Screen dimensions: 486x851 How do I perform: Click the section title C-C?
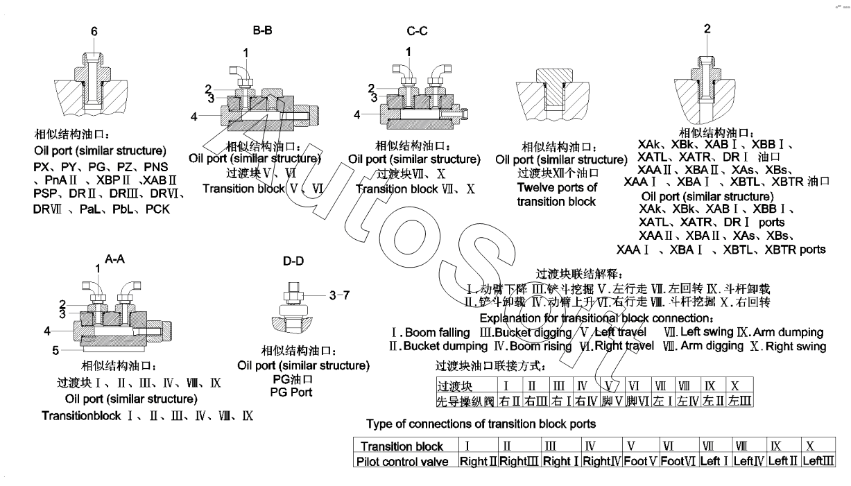click(418, 32)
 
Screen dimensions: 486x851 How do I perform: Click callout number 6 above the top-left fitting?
click(94, 31)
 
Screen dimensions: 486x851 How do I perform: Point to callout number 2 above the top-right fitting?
click(707, 29)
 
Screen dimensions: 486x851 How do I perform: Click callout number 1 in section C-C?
click(409, 51)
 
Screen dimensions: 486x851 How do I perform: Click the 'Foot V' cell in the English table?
click(638, 461)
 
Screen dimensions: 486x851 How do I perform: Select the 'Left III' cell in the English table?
click(818, 461)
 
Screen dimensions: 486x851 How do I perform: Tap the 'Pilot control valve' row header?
click(404, 461)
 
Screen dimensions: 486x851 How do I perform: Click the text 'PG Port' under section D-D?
click(291, 392)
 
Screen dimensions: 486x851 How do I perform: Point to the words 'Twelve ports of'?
click(556, 188)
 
